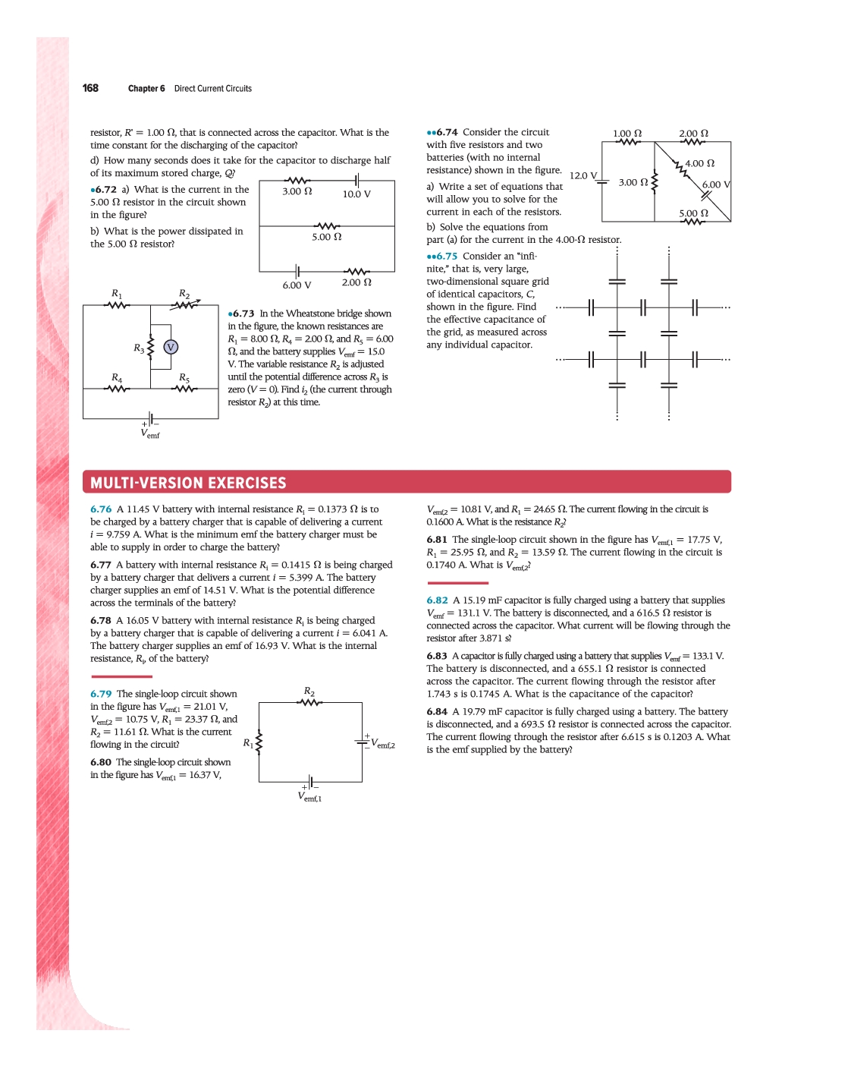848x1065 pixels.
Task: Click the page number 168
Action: tap(90, 88)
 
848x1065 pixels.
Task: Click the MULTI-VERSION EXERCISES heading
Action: tap(188, 483)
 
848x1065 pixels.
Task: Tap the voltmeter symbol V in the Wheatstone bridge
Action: tap(171, 347)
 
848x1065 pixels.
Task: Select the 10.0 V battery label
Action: tap(356, 194)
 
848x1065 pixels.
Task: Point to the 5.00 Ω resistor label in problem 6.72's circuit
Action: tap(327, 237)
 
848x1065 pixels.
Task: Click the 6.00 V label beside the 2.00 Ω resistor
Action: tap(297, 285)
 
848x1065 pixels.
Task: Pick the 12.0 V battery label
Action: tap(583, 175)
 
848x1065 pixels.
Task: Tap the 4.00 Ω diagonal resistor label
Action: tap(699, 163)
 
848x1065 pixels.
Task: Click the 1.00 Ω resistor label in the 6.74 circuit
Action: tap(627, 133)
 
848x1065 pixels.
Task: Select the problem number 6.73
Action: tap(243, 314)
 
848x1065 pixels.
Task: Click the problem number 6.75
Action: tap(446, 256)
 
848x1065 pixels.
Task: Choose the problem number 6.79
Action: tap(101, 694)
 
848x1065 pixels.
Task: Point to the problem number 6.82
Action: tap(437, 600)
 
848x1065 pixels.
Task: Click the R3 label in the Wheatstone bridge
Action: tap(139, 348)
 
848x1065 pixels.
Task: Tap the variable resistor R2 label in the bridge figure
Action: tap(184, 293)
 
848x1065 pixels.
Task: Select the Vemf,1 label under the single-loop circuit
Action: tap(309, 797)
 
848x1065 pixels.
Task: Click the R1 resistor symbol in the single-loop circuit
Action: tap(259, 742)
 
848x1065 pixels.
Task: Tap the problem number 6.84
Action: tap(437, 711)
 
